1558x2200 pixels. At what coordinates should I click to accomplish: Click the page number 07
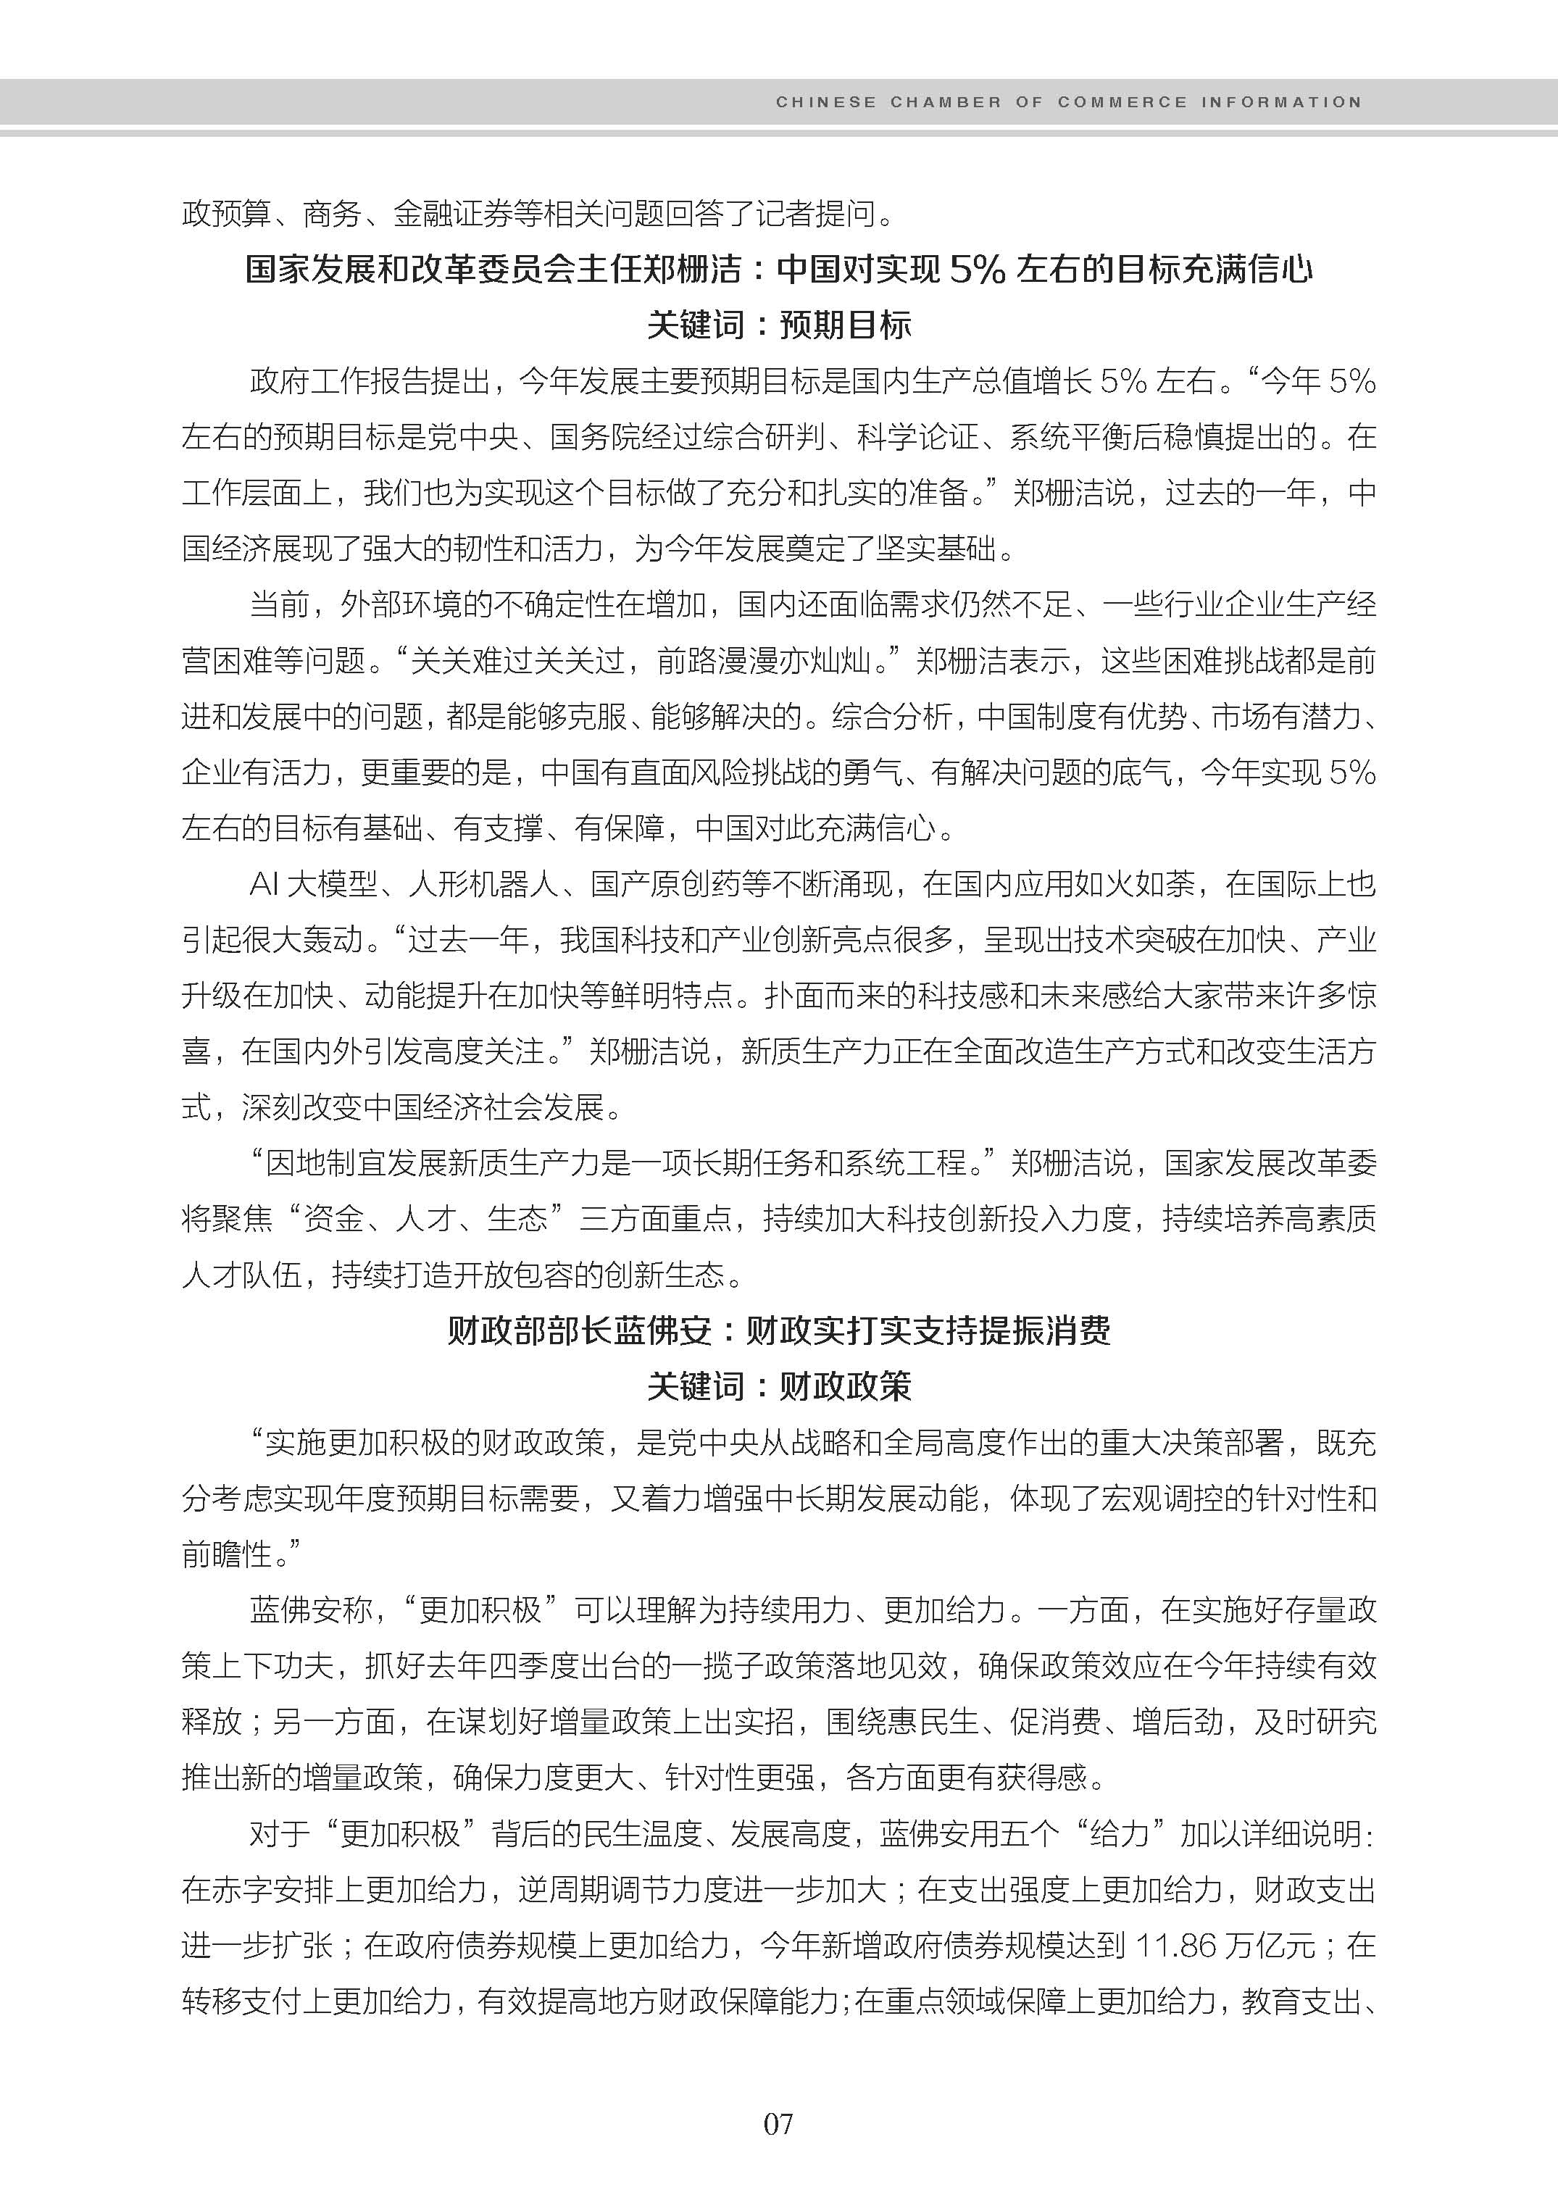[778, 2123]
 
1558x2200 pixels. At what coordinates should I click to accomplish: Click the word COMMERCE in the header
[1122, 101]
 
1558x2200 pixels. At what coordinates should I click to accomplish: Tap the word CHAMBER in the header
[945, 101]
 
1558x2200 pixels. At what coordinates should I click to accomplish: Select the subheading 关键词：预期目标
[778, 325]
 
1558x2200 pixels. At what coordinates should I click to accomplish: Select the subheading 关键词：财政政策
[778, 1386]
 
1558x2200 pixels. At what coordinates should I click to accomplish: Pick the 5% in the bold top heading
[975, 270]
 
